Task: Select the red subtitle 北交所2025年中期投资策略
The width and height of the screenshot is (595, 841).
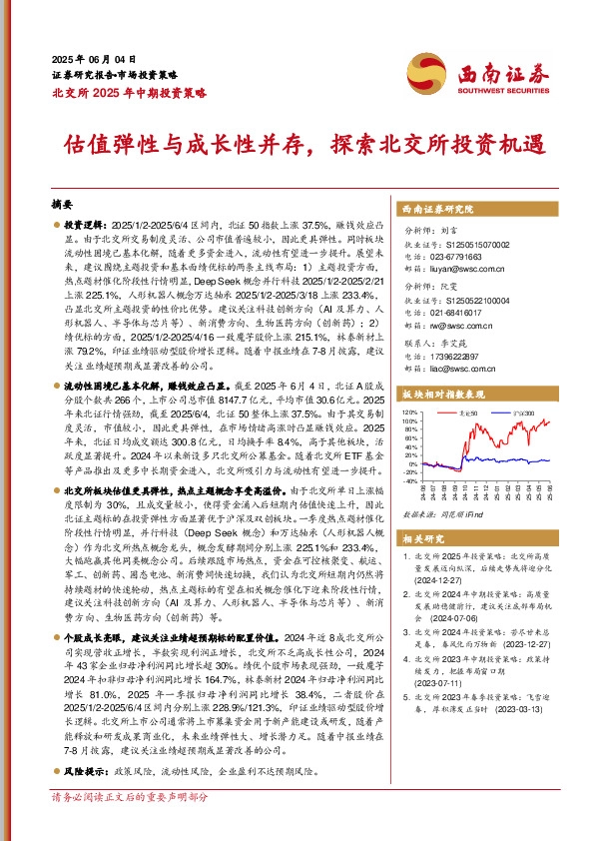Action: (x=128, y=92)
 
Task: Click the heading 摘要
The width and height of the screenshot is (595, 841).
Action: (x=62, y=200)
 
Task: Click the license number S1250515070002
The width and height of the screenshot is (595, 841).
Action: (x=468, y=245)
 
